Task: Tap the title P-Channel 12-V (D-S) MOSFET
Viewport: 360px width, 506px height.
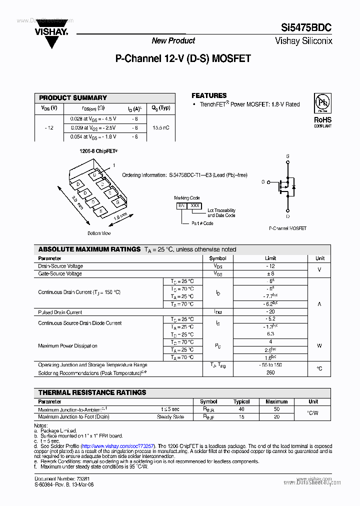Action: tap(183, 58)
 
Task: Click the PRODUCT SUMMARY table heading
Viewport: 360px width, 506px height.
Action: tap(73, 98)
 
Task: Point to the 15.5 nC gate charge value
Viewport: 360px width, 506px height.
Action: tap(161, 127)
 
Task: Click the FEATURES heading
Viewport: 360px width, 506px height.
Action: tap(209, 95)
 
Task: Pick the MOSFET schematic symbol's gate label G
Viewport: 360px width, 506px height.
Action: tap(263, 182)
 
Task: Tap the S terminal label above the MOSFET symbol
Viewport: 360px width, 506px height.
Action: tap(287, 156)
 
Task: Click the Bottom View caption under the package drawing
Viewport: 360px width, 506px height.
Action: tap(99, 233)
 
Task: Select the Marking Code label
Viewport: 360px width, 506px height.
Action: tap(187, 198)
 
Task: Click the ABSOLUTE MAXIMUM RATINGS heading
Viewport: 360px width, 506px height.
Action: tap(89, 249)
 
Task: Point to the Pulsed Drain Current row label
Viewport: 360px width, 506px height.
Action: tap(60, 312)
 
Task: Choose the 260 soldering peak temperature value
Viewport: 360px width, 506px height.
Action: tap(270, 372)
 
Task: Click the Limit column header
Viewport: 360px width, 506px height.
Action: tap(270, 258)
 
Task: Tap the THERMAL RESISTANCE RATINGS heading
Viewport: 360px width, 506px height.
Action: tap(92, 392)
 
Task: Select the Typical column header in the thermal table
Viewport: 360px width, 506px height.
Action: tap(241, 401)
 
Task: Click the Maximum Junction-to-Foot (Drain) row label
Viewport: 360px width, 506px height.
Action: tap(73, 417)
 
